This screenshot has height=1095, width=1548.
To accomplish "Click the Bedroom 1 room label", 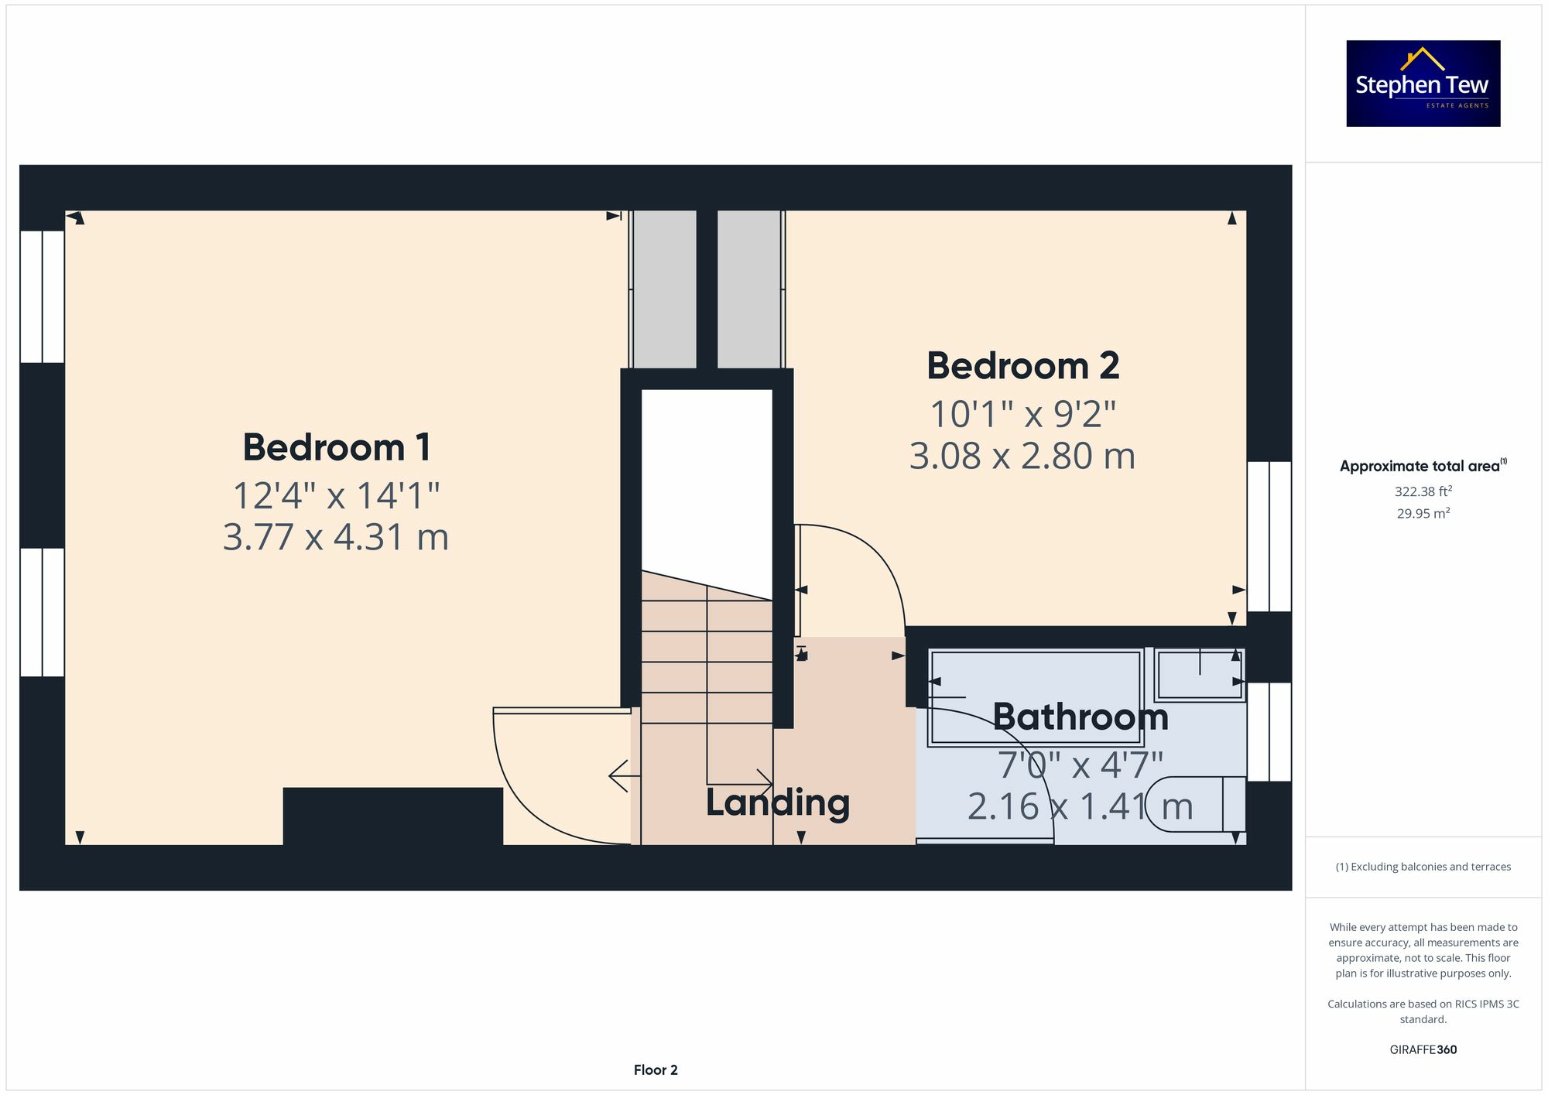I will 336,447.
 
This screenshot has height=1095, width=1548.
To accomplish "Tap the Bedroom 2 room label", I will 1022,366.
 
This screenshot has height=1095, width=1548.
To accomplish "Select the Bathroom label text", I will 1080,717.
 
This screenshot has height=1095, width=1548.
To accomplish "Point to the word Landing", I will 777,802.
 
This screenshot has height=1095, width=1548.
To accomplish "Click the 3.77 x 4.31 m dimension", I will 336,537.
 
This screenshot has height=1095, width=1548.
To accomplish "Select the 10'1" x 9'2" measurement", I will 1022,414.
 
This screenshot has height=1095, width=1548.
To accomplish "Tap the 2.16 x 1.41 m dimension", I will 1080,807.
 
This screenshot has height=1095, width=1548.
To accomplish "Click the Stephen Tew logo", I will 1423,84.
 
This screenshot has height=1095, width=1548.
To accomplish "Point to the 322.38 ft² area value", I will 1423,491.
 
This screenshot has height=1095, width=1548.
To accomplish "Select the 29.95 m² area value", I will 1423,513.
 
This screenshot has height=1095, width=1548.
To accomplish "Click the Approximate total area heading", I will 1423,466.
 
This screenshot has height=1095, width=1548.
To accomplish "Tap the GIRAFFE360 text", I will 1423,1049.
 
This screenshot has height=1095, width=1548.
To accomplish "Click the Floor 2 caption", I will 655,1069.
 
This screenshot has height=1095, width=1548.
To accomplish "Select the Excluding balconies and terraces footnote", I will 1423,867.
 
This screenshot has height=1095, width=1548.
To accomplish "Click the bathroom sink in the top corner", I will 1198,675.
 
